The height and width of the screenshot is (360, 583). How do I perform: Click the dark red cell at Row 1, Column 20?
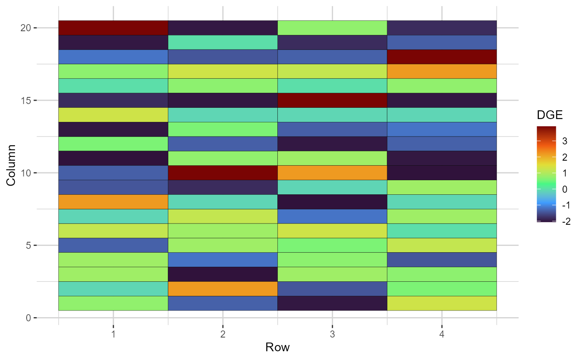pos(113,28)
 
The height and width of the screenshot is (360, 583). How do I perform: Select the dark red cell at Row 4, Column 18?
pos(442,57)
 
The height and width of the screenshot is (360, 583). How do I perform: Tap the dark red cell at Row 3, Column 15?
pos(332,100)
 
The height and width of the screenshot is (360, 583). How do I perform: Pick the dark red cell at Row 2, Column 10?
pos(223,173)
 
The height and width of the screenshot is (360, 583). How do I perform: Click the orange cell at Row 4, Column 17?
pos(442,71)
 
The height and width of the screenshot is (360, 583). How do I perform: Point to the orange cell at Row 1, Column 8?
pos(113,202)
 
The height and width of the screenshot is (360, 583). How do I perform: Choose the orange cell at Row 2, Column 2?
pos(223,289)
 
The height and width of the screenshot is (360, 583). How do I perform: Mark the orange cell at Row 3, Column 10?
pos(332,173)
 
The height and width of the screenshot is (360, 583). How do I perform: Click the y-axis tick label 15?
pos(26,100)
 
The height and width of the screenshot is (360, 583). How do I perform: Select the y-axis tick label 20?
pos(26,28)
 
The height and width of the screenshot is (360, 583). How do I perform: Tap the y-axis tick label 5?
pos(28,246)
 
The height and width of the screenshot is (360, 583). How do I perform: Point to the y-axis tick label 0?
pos(28,318)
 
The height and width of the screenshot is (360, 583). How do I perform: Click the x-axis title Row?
pos(277,348)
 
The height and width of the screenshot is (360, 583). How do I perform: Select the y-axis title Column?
pos(11,166)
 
